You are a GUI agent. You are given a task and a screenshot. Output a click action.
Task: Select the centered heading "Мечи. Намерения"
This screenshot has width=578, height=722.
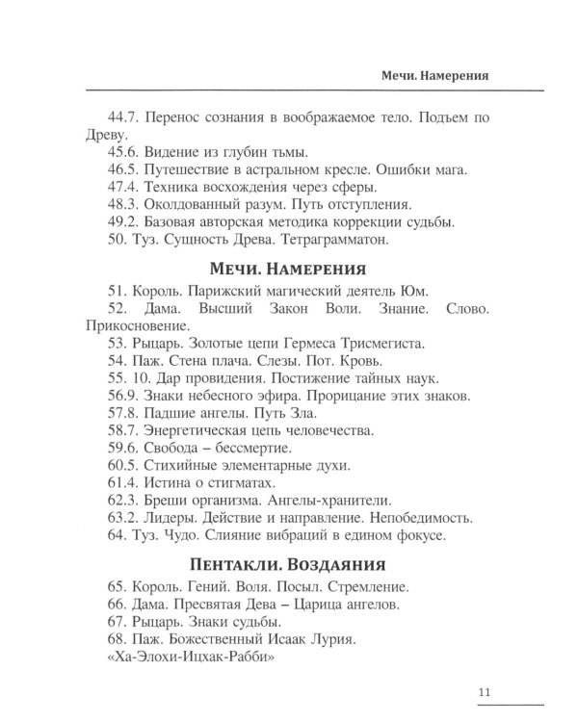(288, 268)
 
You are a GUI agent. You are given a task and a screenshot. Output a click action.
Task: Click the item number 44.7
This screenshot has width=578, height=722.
(125, 117)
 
